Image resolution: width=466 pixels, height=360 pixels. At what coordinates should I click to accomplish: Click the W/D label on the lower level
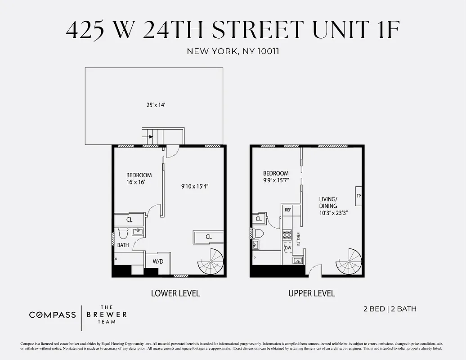157,261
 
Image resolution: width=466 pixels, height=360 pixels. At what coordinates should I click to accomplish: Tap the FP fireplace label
358,196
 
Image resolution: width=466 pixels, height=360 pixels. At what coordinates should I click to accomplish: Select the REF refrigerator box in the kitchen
288,210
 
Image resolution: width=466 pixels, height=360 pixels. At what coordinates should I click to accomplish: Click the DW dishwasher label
288,248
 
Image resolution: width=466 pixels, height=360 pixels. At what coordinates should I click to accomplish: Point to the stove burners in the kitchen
287,235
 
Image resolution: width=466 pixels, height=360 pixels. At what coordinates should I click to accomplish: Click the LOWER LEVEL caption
175,293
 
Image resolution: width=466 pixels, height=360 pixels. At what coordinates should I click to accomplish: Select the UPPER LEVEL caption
312,293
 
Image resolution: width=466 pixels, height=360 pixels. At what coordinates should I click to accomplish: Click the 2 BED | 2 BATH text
390,309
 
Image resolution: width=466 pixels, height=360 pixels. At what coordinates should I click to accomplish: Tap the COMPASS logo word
53,315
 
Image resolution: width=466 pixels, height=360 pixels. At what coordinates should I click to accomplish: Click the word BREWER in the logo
107,315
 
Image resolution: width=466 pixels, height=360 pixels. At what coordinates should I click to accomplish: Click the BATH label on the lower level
123,245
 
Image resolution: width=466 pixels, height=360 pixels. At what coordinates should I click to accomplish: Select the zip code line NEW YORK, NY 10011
233,51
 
